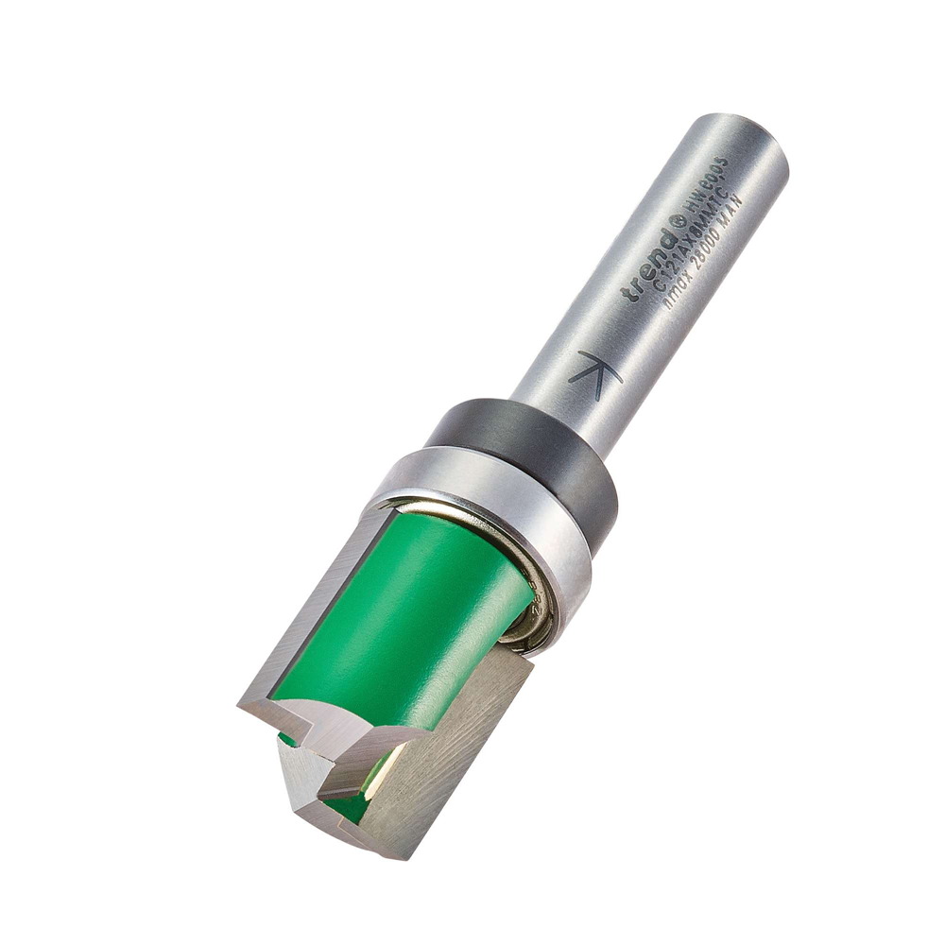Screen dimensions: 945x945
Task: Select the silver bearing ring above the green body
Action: point(491,510)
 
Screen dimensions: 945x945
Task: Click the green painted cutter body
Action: point(406,614)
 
